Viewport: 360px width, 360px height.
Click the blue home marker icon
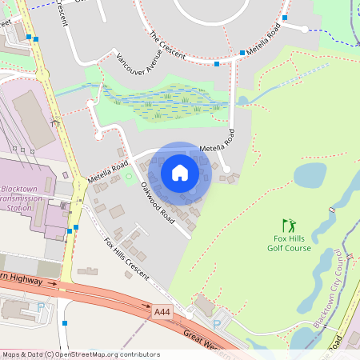pyautogui.click(x=180, y=172)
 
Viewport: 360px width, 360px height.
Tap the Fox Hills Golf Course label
pyautogui.click(x=289, y=243)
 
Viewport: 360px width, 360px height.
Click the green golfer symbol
pyautogui.click(x=289, y=226)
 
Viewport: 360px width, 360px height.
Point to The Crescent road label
pyautogui.click(x=167, y=45)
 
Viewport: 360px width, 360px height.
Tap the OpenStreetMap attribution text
pyautogui.click(x=81, y=354)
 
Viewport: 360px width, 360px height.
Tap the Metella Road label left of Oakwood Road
pyautogui.click(x=108, y=171)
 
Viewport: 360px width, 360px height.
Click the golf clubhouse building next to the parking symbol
pyautogui.click(x=205, y=305)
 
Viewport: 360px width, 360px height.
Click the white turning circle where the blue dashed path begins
pyautogui.click(x=305, y=29)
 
